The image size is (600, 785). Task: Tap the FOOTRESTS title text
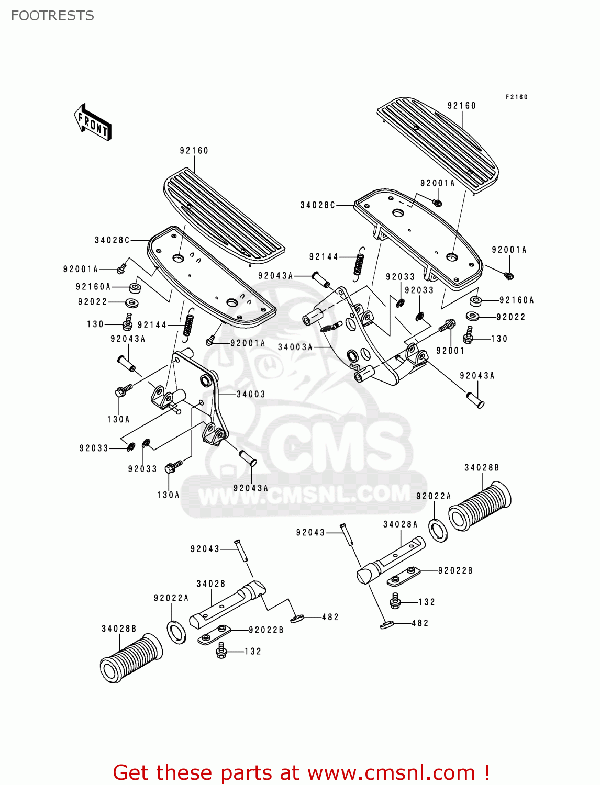pyautogui.click(x=52, y=16)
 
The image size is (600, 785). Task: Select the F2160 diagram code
pyautogui.click(x=516, y=97)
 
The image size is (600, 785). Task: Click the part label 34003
pyautogui.click(x=251, y=394)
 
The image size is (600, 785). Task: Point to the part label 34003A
pyautogui.click(x=295, y=347)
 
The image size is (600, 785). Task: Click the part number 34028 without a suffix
pyautogui.click(x=211, y=584)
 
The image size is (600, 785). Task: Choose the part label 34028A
pyautogui.click(x=401, y=524)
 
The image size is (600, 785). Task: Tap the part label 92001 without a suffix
pyautogui.click(x=450, y=351)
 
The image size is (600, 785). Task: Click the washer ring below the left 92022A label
pyautogui.click(x=176, y=632)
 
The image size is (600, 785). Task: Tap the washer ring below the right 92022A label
pyautogui.click(x=438, y=530)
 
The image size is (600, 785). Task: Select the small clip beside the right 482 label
pyautogui.click(x=387, y=624)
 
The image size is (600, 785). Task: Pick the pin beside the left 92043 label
pyautogui.click(x=241, y=551)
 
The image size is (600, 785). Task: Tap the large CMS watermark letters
pyautogui.click(x=335, y=445)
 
